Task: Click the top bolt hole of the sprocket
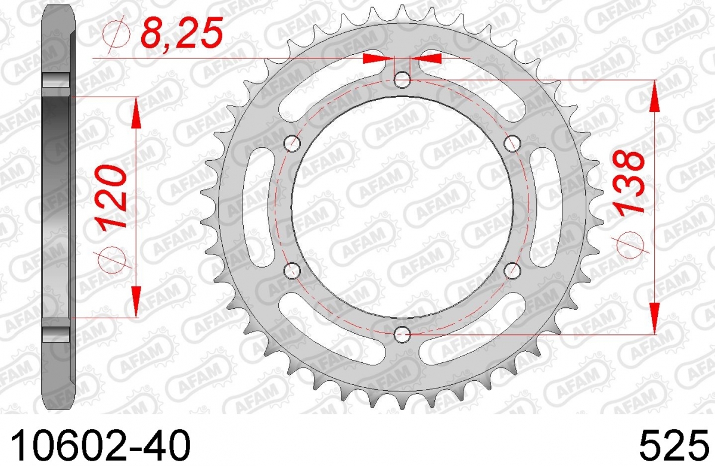pyautogui.click(x=402, y=80)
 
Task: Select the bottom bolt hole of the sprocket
pyautogui.click(x=402, y=334)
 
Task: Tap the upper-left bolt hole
pyautogui.click(x=292, y=143)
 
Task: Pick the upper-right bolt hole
pyautogui.click(x=512, y=143)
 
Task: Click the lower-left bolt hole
pyautogui.click(x=292, y=271)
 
